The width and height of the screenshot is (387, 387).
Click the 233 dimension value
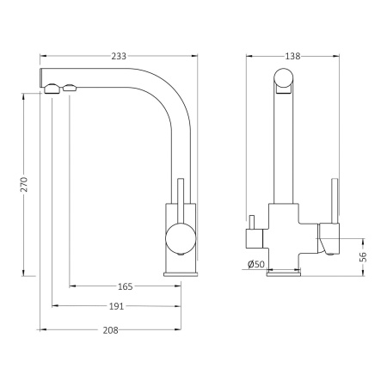[119, 56]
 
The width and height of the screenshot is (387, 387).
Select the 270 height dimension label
[24, 184]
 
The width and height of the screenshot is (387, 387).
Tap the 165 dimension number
[126, 286]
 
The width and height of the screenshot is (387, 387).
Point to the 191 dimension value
[116, 306]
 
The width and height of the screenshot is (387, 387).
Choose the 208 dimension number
[110, 330]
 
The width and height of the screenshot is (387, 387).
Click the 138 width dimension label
[292, 56]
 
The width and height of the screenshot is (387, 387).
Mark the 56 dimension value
[363, 256]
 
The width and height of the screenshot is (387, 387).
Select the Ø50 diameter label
[256, 264]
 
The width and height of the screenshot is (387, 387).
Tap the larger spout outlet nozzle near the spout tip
[52, 89]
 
